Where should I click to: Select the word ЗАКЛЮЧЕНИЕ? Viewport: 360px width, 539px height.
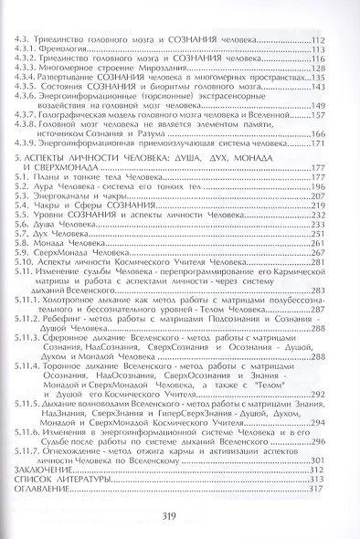(x=50, y=468)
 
